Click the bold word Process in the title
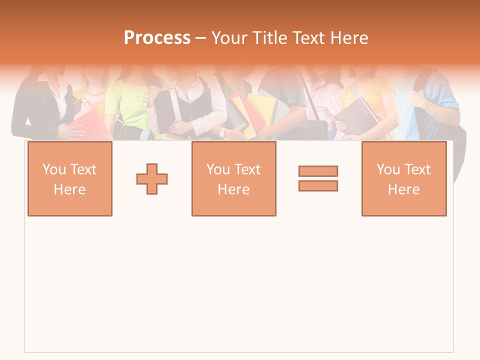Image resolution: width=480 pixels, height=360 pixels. coord(157,38)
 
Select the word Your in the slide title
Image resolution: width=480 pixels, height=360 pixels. coord(228,38)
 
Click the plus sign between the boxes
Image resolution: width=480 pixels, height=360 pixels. coord(152,179)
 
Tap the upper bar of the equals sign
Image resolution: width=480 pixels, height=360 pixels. coord(318,171)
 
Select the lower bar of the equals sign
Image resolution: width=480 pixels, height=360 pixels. coord(318,185)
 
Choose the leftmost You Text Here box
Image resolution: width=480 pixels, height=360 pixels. coord(70,178)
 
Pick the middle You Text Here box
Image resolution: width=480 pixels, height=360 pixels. coord(234,178)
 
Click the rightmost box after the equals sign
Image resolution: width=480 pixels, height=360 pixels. coord(404,178)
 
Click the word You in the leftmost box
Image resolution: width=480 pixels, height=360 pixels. coord(53,169)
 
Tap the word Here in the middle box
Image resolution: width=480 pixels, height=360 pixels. coord(234,189)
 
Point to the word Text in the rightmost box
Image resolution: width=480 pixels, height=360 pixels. coord(417,169)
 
